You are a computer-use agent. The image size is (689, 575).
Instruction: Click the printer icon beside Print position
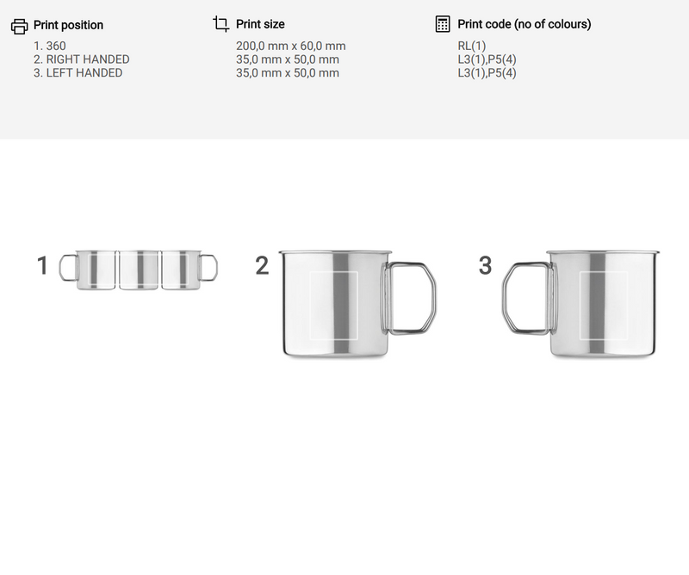pos(19,27)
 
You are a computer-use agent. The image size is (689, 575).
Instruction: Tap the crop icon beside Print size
pos(221,24)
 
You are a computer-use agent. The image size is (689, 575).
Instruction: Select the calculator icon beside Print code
pos(443,24)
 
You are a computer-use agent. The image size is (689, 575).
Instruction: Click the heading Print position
pos(68,25)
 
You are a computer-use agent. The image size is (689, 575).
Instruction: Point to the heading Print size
pos(260,24)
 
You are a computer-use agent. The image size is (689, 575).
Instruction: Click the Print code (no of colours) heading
pos(525,24)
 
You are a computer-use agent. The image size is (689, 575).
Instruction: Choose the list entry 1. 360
pos(50,46)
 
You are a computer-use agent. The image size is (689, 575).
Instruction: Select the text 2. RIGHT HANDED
pos(81,59)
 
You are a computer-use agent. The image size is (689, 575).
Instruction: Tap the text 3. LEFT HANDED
pos(78,73)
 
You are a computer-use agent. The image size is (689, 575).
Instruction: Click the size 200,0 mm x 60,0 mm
pos(291,46)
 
